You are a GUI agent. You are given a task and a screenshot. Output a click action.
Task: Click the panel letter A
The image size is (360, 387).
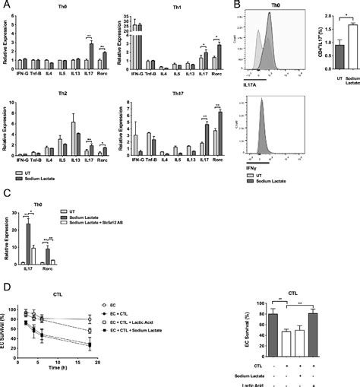5,5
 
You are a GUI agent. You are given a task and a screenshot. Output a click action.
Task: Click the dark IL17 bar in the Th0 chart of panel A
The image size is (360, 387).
92,57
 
